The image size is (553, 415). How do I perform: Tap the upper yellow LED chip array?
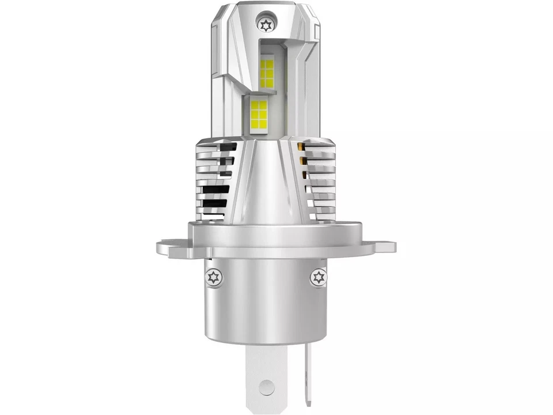point(268,72)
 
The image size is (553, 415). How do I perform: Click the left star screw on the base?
point(212,278)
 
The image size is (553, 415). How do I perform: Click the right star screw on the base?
point(319,278)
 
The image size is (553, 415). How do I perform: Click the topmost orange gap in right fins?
point(301,149)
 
